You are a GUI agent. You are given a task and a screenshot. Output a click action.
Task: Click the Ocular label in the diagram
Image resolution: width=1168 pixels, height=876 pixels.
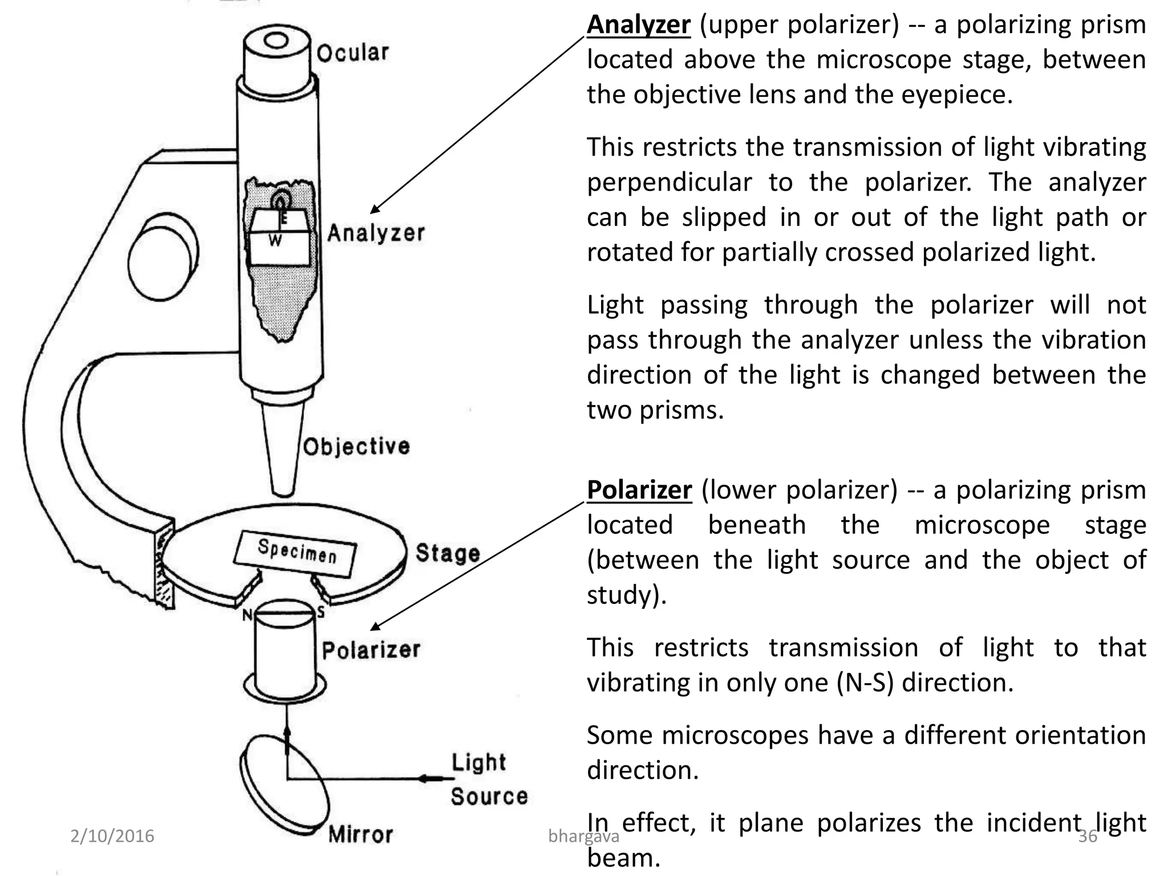[352, 53]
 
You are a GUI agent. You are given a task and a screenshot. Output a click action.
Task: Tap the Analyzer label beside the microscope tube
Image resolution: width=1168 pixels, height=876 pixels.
[376, 233]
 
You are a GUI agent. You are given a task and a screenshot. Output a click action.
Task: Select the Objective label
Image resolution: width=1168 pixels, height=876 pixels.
[356, 447]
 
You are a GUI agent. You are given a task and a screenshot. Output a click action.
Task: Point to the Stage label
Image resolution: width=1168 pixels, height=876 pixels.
[447, 553]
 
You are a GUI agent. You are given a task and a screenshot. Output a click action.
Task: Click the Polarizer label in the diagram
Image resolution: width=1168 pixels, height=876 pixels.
[371, 650]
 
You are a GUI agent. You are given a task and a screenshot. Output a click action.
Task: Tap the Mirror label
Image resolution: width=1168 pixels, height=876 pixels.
[360, 834]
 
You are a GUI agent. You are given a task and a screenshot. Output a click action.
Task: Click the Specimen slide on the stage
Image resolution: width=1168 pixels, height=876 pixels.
[296, 551]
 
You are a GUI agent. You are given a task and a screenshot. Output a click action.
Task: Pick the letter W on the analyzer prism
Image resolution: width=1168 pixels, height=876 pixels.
[275, 241]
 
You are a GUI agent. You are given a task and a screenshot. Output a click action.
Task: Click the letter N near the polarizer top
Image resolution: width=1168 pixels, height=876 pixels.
[246, 615]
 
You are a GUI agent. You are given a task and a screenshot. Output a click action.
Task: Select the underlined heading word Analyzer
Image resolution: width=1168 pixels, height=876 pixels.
[639, 25]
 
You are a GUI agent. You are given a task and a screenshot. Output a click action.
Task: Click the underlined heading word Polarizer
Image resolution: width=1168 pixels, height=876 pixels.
[639, 490]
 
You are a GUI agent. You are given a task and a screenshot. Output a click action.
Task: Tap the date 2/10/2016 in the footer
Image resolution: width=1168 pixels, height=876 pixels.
[112, 836]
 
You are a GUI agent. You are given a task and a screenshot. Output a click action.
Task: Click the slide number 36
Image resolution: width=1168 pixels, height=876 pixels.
[1088, 836]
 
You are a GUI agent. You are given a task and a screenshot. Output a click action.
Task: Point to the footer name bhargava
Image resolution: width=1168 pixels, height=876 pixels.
[583, 837]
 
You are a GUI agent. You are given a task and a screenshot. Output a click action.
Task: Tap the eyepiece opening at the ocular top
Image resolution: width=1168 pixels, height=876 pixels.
[277, 40]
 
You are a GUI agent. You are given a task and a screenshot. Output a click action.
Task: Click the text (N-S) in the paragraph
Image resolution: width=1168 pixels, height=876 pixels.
[865, 683]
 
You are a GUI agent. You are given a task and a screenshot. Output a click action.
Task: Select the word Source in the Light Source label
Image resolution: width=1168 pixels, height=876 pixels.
[489, 796]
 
